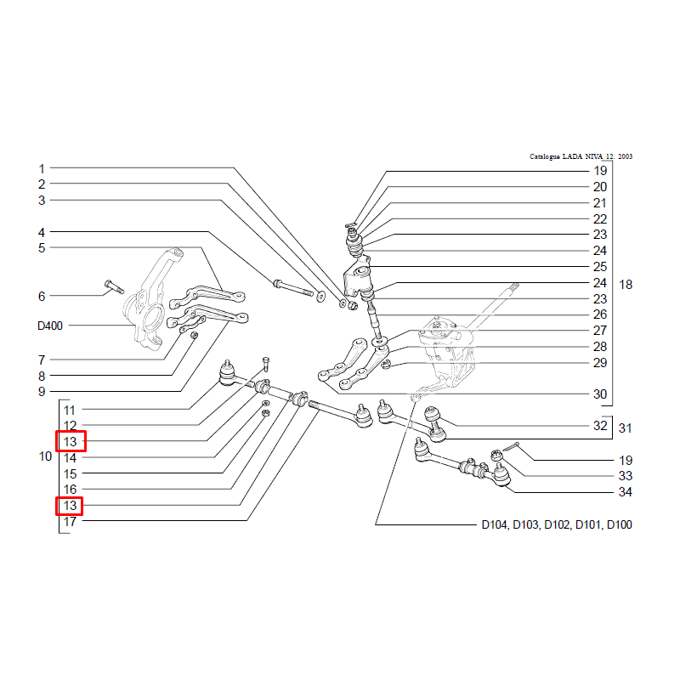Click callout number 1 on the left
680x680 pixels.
click(41, 168)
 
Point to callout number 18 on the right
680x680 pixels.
click(626, 285)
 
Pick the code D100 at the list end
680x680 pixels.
click(619, 524)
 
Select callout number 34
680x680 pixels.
click(625, 492)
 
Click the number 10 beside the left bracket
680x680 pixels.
click(46, 456)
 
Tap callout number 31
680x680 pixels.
click(625, 428)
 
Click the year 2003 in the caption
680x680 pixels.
click(625, 156)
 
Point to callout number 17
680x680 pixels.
click(70, 522)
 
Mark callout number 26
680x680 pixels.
click(600, 314)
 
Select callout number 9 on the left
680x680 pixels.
click(41, 392)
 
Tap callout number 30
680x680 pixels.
click(600, 394)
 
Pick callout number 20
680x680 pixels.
click(600, 187)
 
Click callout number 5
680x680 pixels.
click(41, 248)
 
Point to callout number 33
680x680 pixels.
click(625, 476)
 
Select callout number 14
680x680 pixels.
click(70, 457)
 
